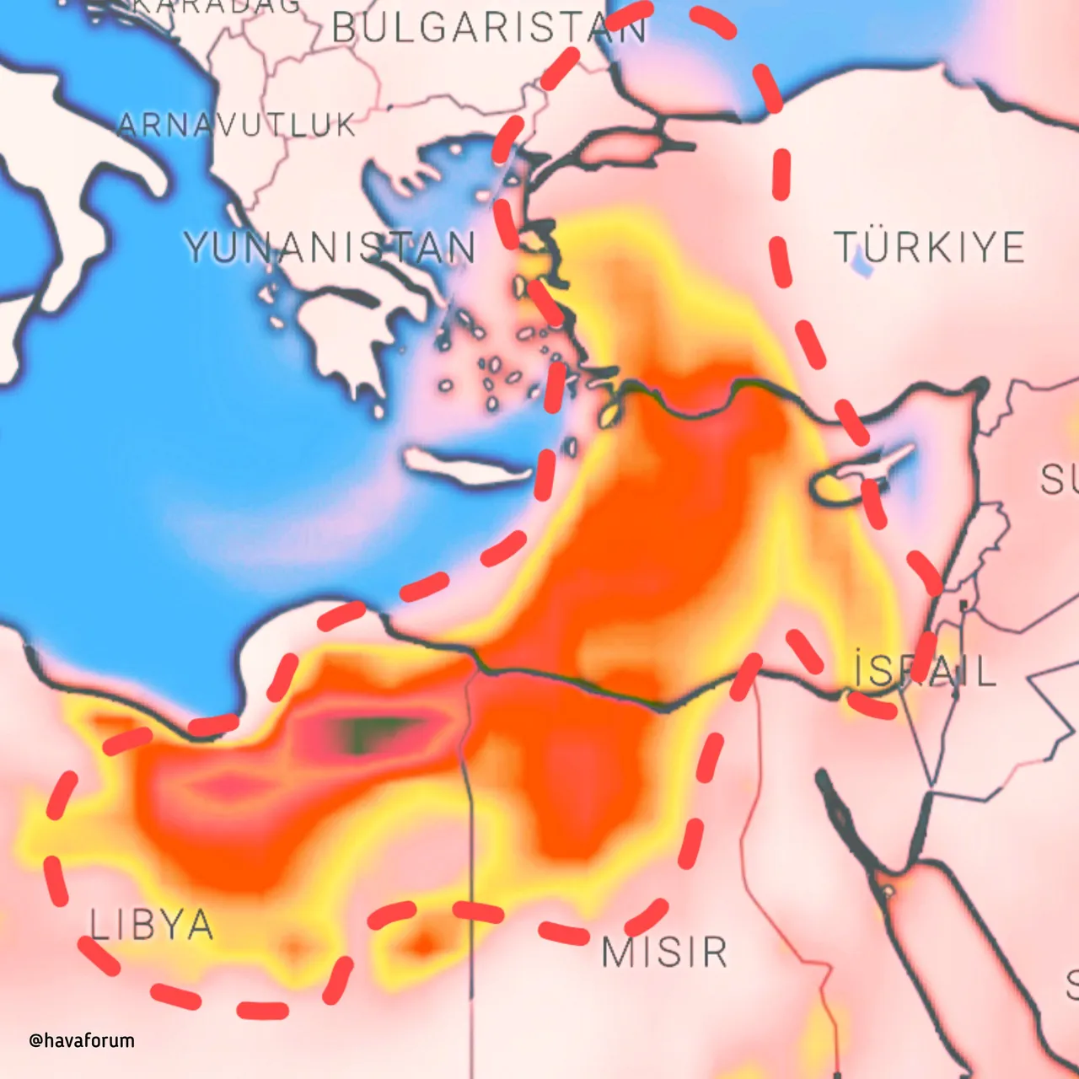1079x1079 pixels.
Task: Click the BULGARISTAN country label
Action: coord(489,29)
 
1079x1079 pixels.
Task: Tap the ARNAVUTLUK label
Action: coord(237,126)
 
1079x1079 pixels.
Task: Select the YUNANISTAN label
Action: coord(330,248)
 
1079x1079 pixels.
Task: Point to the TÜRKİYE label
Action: coord(929,248)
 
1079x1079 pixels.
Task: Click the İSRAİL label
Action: coord(925,672)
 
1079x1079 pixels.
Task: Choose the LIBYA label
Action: coord(152,926)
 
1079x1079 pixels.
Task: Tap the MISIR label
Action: coord(664,953)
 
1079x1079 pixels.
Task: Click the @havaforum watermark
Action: coord(82,1040)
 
